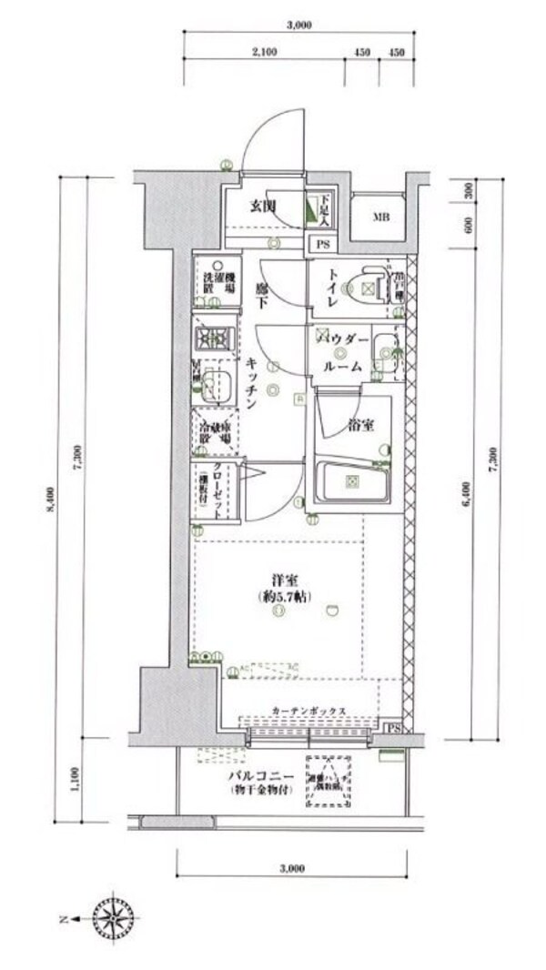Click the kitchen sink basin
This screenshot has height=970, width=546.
pos(216,384)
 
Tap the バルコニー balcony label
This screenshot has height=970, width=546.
pos(261,775)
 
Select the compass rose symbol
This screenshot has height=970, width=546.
pos(113,919)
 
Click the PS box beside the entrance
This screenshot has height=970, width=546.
pos(322,244)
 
